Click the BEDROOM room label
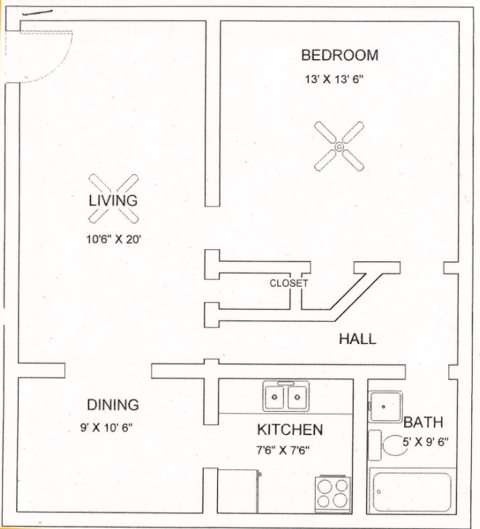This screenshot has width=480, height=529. click(x=340, y=56)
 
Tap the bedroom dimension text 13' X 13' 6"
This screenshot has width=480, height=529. click(x=335, y=80)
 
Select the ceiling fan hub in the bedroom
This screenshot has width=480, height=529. click(x=339, y=146)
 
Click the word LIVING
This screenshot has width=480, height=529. click(x=113, y=200)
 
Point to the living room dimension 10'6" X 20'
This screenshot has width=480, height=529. click(x=113, y=239)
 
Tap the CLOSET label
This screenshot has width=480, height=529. click(x=289, y=284)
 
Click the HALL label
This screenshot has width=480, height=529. click(x=357, y=339)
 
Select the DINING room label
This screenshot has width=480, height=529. click(x=113, y=405)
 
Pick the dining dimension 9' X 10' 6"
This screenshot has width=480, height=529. click(x=106, y=428)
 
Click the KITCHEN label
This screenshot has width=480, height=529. click(x=290, y=430)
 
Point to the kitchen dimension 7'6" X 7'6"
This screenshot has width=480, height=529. click(x=283, y=450)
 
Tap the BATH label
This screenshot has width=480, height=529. click(x=423, y=422)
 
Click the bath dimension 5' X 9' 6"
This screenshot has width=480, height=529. click(x=426, y=442)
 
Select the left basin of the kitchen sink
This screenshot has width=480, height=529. click(x=275, y=397)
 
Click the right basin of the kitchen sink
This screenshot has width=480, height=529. click(x=297, y=397)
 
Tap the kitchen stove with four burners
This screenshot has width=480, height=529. click(x=333, y=495)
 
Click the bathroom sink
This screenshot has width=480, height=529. click(x=385, y=407)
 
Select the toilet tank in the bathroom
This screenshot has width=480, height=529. click(x=375, y=445)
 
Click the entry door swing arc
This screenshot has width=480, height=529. click(x=60, y=66)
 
